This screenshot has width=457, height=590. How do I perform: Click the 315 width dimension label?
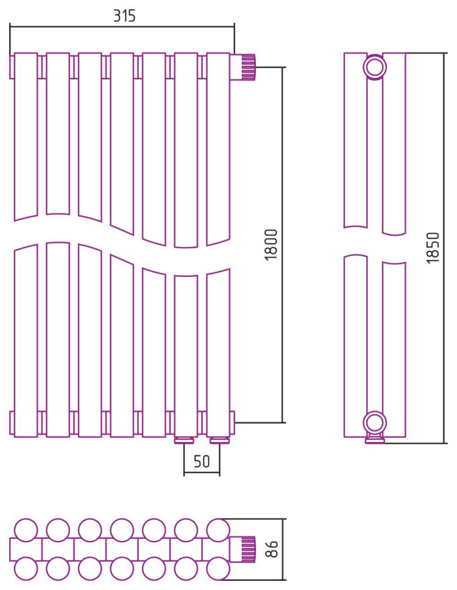coord(124,16)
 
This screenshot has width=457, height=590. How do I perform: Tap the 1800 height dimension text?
coord(271,245)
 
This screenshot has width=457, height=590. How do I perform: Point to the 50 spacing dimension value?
coord(202,461)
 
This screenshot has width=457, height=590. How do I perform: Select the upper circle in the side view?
coord(375,68)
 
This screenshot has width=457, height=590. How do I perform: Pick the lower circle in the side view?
coord(375,422)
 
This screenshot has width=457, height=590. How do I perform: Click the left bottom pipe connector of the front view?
coord(184,440)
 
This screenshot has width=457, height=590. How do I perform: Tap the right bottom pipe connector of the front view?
coord(219,440)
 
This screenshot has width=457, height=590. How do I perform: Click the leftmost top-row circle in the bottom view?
coord(26,530)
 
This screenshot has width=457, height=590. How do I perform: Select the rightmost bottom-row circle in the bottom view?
coord(218,568)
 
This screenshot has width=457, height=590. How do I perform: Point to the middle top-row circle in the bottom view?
coord(122,530)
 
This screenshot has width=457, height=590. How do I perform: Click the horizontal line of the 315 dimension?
coord(122,27)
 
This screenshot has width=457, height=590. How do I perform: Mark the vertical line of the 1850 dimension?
coord(445,248)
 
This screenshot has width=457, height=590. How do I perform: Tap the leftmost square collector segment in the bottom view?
coord(26,549)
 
